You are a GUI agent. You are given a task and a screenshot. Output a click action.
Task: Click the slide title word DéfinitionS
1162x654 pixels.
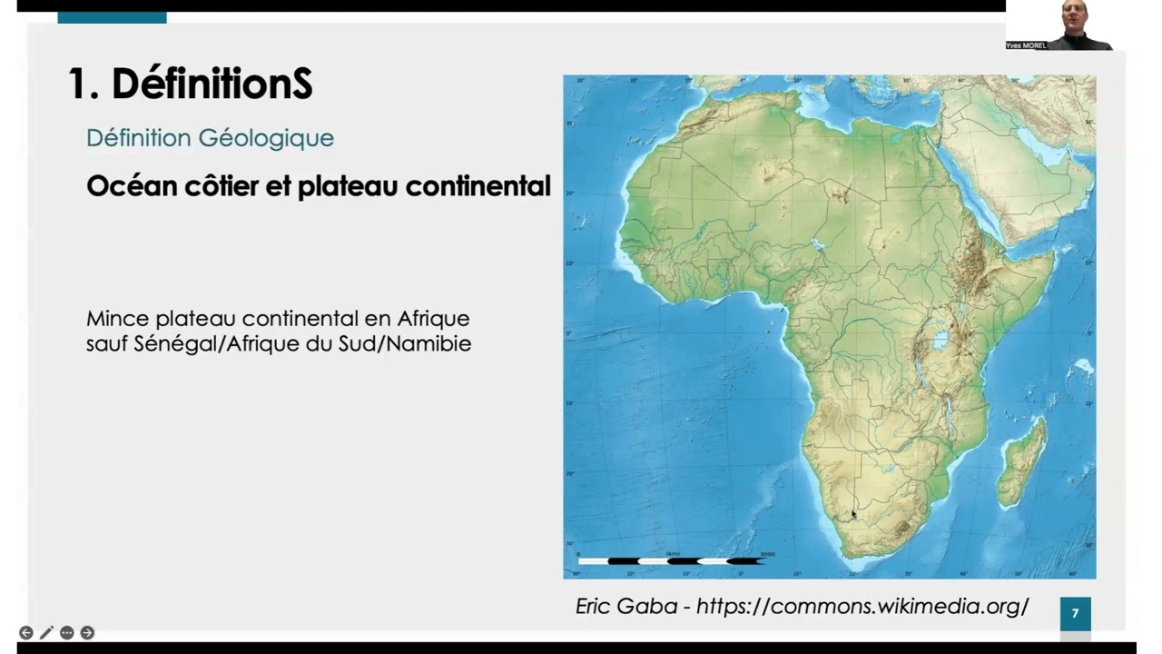212,84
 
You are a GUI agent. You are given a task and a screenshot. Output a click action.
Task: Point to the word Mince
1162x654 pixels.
118,319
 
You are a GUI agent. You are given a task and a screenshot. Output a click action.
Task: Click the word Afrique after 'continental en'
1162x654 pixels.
433,319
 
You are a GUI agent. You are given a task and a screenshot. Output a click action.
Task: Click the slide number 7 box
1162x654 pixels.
1075,613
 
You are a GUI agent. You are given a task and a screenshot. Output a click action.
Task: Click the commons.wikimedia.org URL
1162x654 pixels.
862,606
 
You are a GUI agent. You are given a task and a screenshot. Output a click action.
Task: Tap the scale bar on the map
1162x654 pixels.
672,561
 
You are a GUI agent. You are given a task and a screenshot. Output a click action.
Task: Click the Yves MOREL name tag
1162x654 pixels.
1026,45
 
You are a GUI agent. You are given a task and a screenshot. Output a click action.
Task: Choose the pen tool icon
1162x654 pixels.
46,632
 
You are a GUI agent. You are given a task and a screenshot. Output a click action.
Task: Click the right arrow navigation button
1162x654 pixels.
87,632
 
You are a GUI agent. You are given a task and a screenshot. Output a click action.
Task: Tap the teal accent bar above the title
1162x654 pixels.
112,17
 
